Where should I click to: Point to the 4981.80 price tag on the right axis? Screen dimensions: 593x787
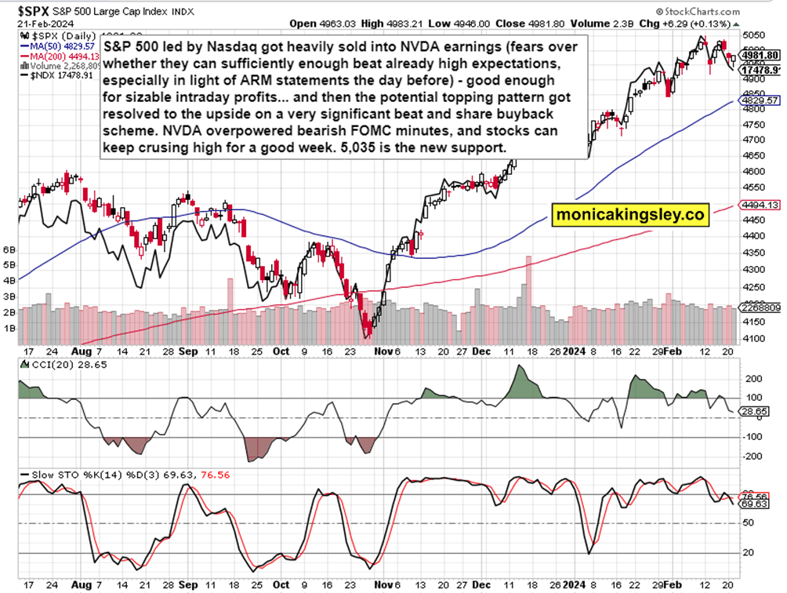pos(758,56)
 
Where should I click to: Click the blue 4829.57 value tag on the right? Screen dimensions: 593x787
pos(758,101)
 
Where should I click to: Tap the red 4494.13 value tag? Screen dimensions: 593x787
pos(758,205)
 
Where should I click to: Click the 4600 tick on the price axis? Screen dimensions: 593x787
pos(753,171)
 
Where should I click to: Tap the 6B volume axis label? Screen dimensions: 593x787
pos(10,250)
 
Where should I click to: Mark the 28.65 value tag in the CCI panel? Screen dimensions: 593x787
pos(757,411)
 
